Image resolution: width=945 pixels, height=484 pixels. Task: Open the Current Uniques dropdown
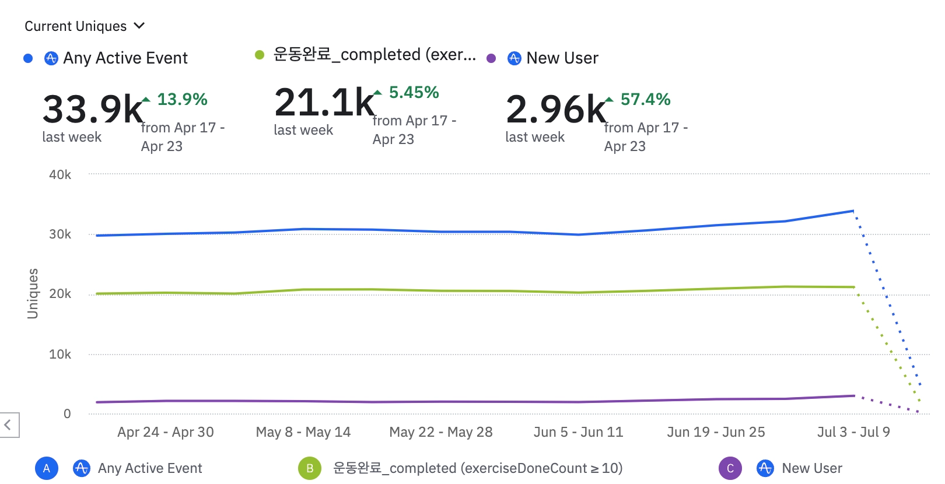tap(85, 26)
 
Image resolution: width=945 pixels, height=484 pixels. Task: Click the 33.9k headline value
tap(92, 109)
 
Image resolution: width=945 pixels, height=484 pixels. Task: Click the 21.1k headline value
tap(324, 103)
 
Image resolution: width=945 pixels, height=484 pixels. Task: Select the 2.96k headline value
tap(556, 109)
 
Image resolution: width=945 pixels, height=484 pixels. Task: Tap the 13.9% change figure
tap(182, 99)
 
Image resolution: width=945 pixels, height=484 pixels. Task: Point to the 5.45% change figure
tap(414, 92)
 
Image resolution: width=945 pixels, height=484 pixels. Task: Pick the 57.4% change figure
tap(645, 99)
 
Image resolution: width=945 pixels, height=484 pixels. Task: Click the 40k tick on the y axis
tap(60, 174)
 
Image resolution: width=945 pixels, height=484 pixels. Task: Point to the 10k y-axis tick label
tap(60, 354)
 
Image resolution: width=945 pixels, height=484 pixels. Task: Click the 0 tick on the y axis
tap(67, 413)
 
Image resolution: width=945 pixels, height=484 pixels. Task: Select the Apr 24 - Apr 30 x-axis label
tap(166, 432)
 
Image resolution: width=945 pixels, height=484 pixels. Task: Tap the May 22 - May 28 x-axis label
tap(441, 432)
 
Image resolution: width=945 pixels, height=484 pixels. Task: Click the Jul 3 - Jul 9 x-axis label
tap(853, 432)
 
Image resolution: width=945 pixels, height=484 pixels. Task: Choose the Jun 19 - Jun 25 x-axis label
tap(716, 432)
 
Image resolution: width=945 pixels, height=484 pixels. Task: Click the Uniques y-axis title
tap(33, 293)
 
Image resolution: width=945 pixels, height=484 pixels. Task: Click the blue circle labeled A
tap(47, 468)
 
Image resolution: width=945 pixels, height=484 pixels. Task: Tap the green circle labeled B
tap(310, 468)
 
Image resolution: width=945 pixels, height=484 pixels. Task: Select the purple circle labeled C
tap(730, 468)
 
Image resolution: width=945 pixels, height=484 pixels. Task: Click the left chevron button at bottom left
tap(8, 425)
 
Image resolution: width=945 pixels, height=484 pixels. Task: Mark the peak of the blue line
tap(853, 211)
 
